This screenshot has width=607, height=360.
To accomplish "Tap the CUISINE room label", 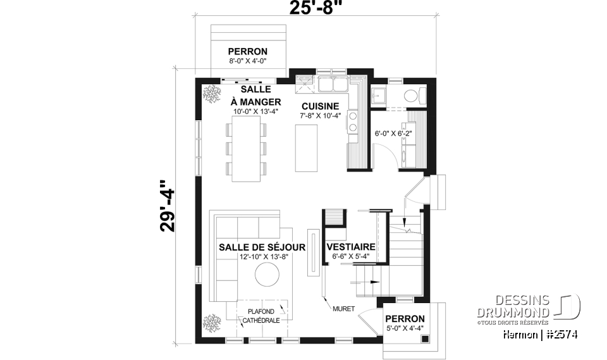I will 320,106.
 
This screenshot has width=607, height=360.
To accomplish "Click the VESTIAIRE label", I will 351,247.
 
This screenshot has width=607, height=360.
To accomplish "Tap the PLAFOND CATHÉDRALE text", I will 261,316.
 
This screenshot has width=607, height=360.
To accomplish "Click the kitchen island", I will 307,147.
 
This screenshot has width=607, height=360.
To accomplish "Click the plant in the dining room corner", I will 210,93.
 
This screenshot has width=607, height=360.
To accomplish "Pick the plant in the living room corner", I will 210,322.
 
